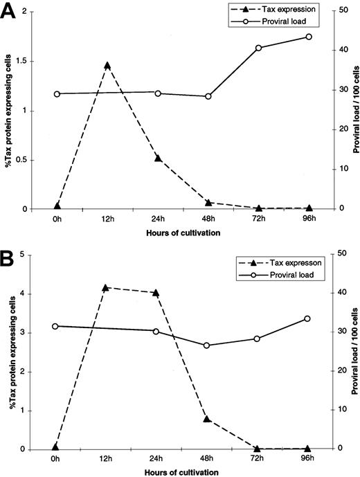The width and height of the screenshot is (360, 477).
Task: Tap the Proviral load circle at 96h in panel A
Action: point(309,37)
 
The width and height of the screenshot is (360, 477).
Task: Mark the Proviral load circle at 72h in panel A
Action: point(258,48)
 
